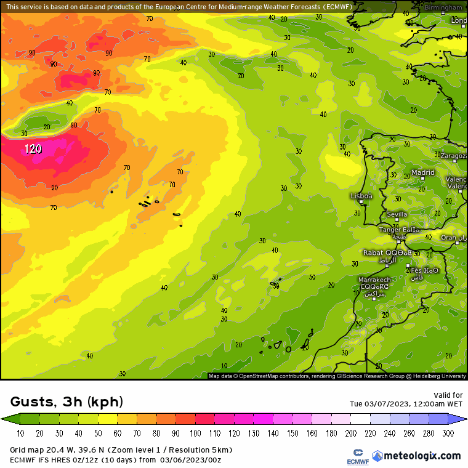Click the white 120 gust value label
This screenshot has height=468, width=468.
[33, 149]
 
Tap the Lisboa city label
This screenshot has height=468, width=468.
[361, 196]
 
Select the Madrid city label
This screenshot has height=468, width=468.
[422, 173]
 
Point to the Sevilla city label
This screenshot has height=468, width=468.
[397, 215]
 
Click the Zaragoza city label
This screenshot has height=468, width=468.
[453, 156]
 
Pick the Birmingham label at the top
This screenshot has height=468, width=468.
[443, 7]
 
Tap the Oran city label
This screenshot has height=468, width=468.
[449, 238]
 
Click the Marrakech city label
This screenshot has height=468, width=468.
[374, 280]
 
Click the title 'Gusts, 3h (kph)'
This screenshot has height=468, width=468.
[67, 402]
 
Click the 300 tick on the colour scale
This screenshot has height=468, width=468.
[448, 434]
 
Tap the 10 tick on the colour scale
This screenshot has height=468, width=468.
[20, 434]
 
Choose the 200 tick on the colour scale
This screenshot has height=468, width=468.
[351, 434]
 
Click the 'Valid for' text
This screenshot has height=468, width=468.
[449, 395]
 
